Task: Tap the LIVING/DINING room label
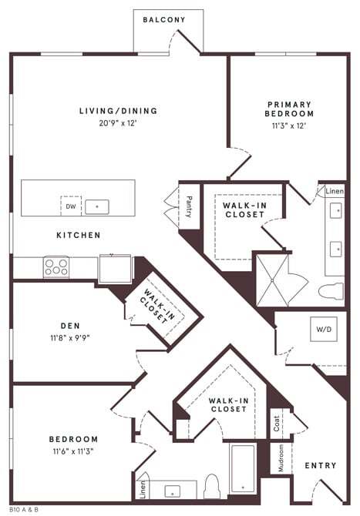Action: pyautogui.click(x=118, y=111)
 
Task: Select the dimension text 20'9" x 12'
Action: pyautogui.click(x=118, y=122)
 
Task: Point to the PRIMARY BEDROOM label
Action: pyautogui.click(x=291, y=109)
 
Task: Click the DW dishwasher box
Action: pyautogui.click(x=71, y=206)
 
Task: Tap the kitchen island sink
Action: pyautogui.click(x=97, y=206)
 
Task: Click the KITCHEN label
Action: pyautogui.click(x=78, y=235)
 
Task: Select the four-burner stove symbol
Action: pyautogui.click(x=56, y=267)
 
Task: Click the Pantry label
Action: pyautogui.click(x=189, y=206)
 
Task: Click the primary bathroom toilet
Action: pyautogui.click(x=331, y=291)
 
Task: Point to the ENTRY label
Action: pyautogui.click(x=320, y=466)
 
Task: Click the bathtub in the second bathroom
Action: pyautogui.click(x=244, y=468)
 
